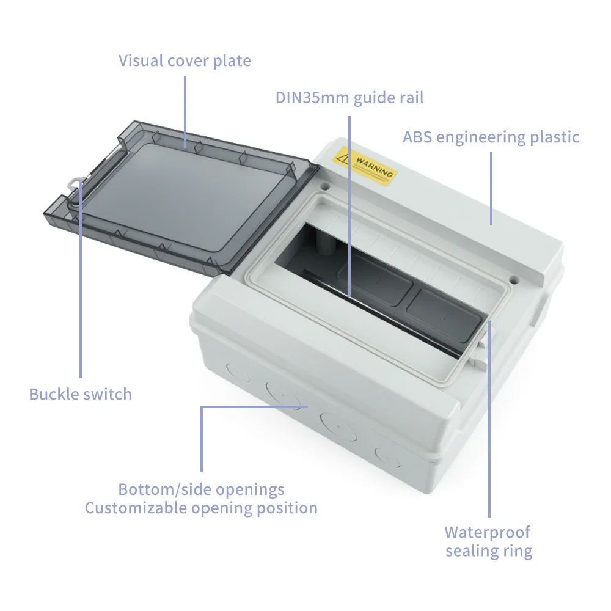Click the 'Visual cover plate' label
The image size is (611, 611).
(185, 60)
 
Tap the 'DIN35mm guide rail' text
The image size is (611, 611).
(349, 98)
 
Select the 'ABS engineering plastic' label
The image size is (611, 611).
(491, 137)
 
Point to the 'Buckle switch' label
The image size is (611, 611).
(80, 394)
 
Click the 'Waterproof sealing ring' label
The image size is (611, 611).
(488, 541)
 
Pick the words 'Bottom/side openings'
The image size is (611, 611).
(201, 489)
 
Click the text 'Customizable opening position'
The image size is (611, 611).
(201, 508)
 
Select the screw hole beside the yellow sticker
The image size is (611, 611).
(325, 184)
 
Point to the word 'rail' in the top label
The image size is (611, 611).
(409, 98)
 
